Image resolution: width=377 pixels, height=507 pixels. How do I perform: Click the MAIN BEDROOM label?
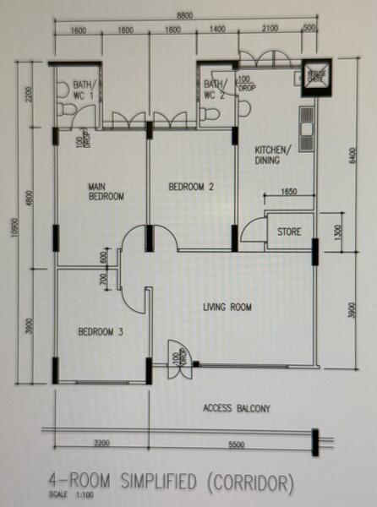tap(107, 190)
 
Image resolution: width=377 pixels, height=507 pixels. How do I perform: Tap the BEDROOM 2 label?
tap(190, 186)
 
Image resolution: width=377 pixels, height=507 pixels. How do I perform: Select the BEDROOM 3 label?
tap(101, 332)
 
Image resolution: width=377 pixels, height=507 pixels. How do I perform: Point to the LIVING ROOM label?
tap(227, 308)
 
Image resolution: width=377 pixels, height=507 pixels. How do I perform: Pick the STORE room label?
tap(289, 229)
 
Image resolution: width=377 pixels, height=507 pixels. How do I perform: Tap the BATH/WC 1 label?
tap(84, 90)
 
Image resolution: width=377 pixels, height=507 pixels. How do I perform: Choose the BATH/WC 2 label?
tap(215, 90)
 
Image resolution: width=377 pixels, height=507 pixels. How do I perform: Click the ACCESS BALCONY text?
tap(237, 409)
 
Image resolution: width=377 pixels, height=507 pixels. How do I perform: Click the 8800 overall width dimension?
tap(188, 14)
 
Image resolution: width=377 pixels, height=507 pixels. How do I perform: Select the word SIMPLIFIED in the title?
tap(144, 483)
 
